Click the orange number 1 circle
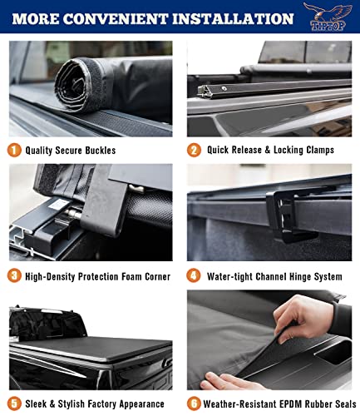pos(15,151)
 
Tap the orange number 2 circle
pos(194,151)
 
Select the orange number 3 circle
pos(15,275)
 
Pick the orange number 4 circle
pos(194,275)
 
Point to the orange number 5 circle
pos(15,404)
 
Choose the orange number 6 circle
pos(194,404)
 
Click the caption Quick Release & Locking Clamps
pos(271,151)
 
